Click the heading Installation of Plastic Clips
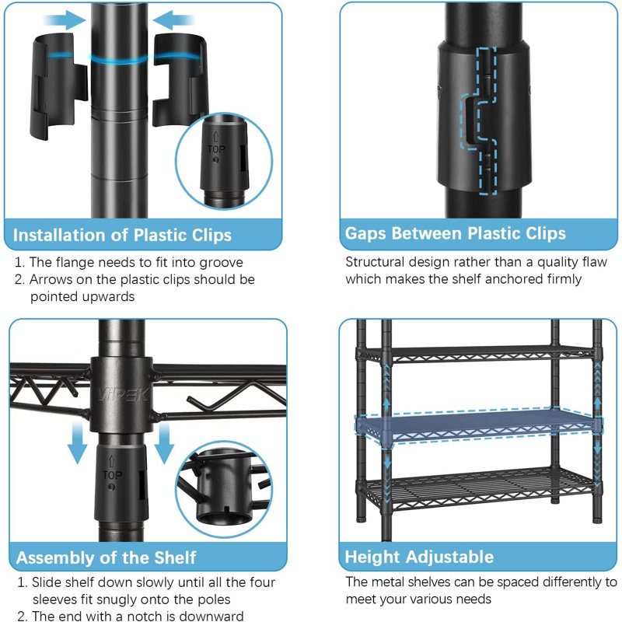(x=122, y=235)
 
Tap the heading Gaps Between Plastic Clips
(x=455, y=233)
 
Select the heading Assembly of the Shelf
(x=106, y=557)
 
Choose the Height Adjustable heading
(x=419, y=557)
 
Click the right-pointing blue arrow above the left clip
(x=65, y=20)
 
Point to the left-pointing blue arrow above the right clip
(x=173, y=20)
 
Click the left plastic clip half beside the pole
(x=59, y=86)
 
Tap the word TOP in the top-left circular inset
(x=216, y=149)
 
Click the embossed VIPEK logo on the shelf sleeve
(x=123, y=394)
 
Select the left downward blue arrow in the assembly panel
(x=77, y=442)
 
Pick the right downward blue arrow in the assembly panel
(x=164, y=442)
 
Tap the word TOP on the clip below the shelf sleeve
(x=112, y=475)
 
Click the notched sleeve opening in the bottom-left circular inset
(x=225, y=517)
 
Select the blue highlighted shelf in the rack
(x=478, y=426)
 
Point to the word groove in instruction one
(x=221, y=263)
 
